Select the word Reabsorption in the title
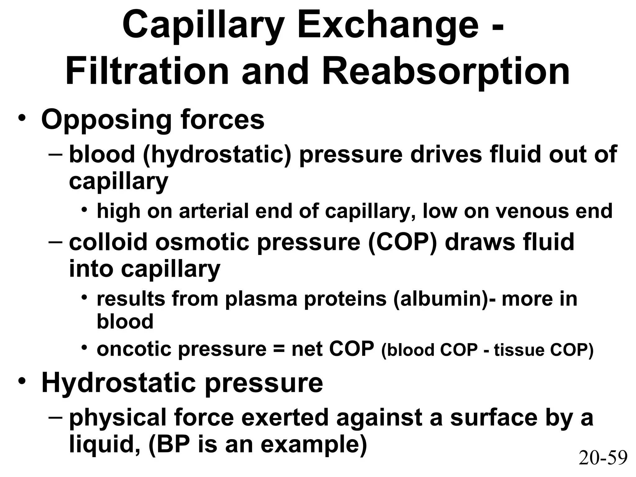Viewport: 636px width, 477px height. tap(446, 73)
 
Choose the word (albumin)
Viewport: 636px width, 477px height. tap(441, 299)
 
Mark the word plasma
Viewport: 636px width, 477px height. tap(261, 299)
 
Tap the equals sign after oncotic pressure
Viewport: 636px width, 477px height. tap(279, 350)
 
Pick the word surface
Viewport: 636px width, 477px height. tap(493, 418)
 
